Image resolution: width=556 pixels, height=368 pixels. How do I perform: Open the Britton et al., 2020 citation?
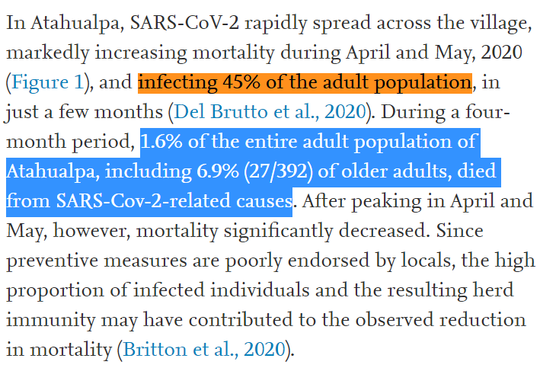tap(205, 350)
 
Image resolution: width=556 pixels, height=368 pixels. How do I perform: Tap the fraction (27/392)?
tap(279, 171)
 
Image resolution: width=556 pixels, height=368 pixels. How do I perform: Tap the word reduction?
tap(476, 320)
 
